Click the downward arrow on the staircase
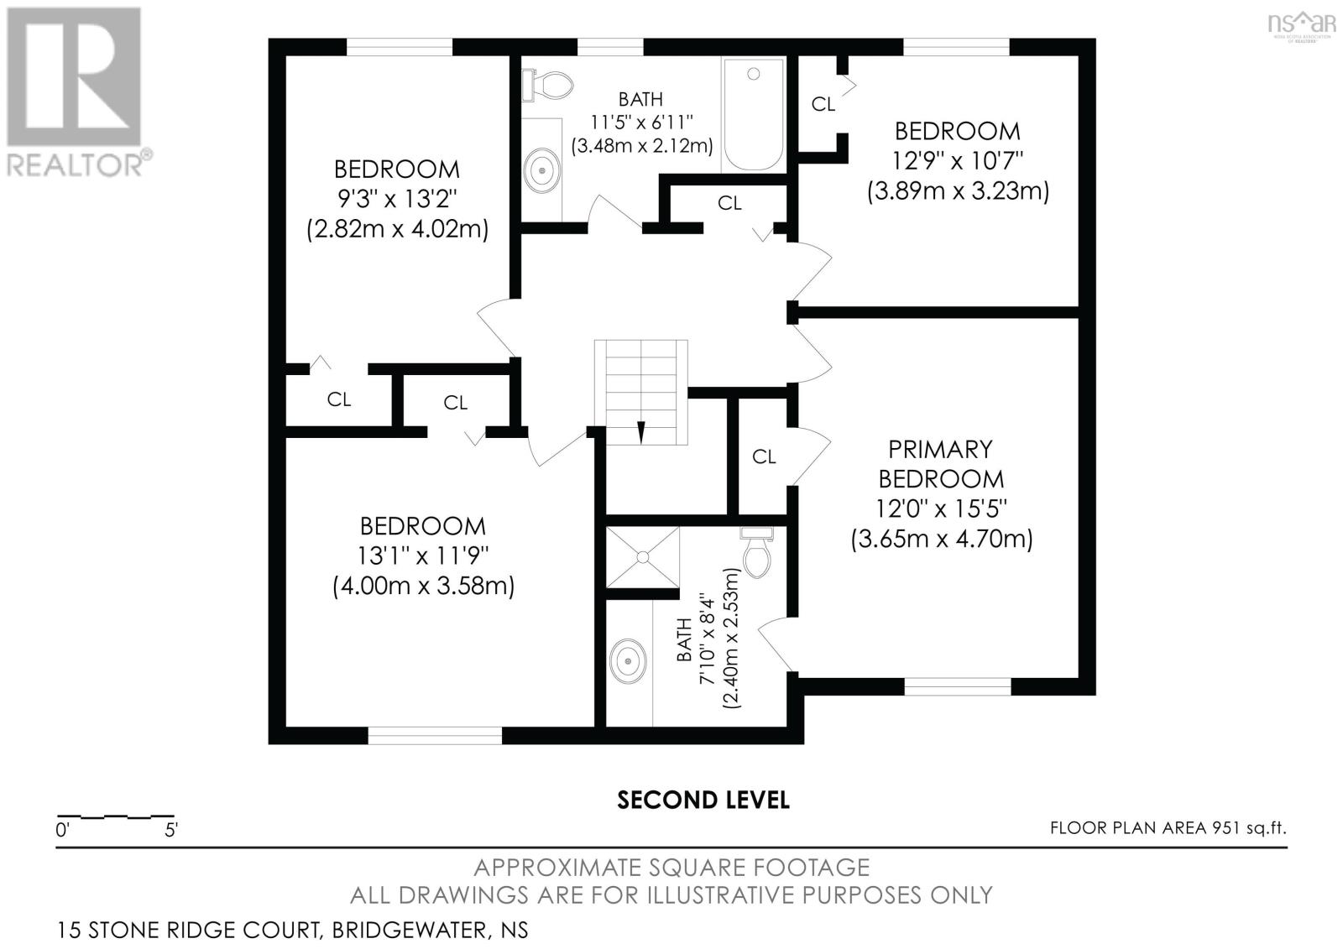coord(641,430)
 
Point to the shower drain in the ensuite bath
coord(642,556)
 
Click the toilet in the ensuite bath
coord(756,553)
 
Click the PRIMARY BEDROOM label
coord(940,463)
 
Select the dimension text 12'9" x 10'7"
coord(957,160)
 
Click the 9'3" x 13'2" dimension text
coord(396,198)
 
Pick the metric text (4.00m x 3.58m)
coord(423,586)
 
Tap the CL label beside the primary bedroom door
coord(764,456)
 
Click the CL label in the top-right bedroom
coord(823,104)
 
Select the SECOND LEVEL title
coord(703,800)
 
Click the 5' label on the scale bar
coord(171,831)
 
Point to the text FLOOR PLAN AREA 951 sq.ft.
coord(1168,828)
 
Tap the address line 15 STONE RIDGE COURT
coord(293,930)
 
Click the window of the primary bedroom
coord(958,686)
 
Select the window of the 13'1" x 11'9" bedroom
coord(435,735)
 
